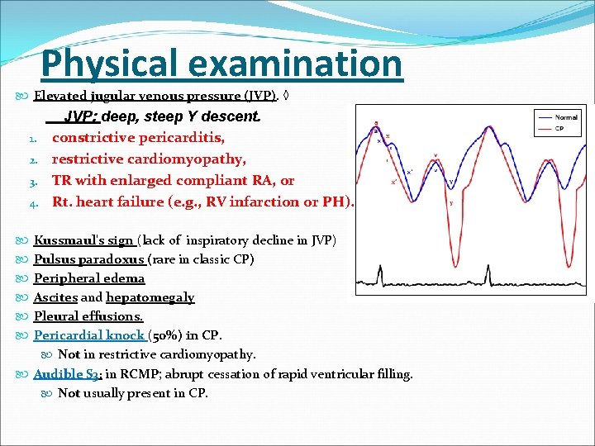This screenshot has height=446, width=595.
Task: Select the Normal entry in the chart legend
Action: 566,117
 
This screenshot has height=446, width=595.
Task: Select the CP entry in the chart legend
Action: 560,128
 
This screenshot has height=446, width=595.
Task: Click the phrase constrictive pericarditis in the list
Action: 138,137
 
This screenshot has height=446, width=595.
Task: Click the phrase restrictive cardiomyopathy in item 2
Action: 149,159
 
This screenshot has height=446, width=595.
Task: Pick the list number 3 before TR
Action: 34,181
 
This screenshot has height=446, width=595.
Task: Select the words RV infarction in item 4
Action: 229,202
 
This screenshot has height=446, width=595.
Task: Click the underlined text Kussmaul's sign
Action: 83,240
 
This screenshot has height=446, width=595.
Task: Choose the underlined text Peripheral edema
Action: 88,278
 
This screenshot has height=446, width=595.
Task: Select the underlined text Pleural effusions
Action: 88,316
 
